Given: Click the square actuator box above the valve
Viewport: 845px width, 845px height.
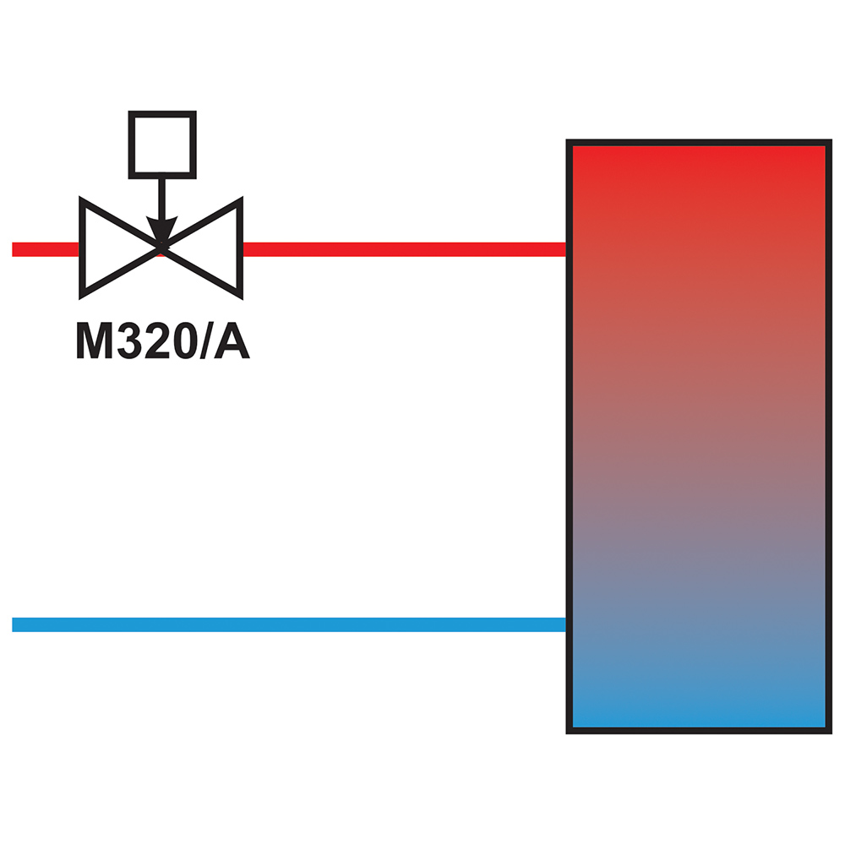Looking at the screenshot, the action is point(162,114).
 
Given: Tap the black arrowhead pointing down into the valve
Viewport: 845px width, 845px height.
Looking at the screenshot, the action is point(161,230).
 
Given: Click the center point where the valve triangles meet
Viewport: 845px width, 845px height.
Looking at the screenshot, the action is point(161,248).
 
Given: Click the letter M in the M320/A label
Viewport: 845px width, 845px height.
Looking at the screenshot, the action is point(95,340).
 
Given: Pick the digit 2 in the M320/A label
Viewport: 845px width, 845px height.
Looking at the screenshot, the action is point(156,340).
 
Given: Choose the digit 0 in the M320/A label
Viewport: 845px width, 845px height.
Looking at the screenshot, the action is point(184,340).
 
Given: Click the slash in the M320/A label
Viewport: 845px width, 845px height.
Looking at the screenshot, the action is point(206,340).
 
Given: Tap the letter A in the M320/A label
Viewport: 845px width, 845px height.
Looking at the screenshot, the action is point(232,340).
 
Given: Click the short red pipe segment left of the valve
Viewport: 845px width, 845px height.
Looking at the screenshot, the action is point(46,249).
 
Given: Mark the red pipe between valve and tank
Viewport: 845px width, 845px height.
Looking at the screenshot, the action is point(404,249).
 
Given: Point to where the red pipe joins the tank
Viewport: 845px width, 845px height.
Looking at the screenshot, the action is point(566,249).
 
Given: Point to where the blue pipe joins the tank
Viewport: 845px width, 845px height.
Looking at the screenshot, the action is point(566,624).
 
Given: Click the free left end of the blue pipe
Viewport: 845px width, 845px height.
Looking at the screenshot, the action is point(13,624).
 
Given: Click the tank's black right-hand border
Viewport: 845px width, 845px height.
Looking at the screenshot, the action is point(829,437).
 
